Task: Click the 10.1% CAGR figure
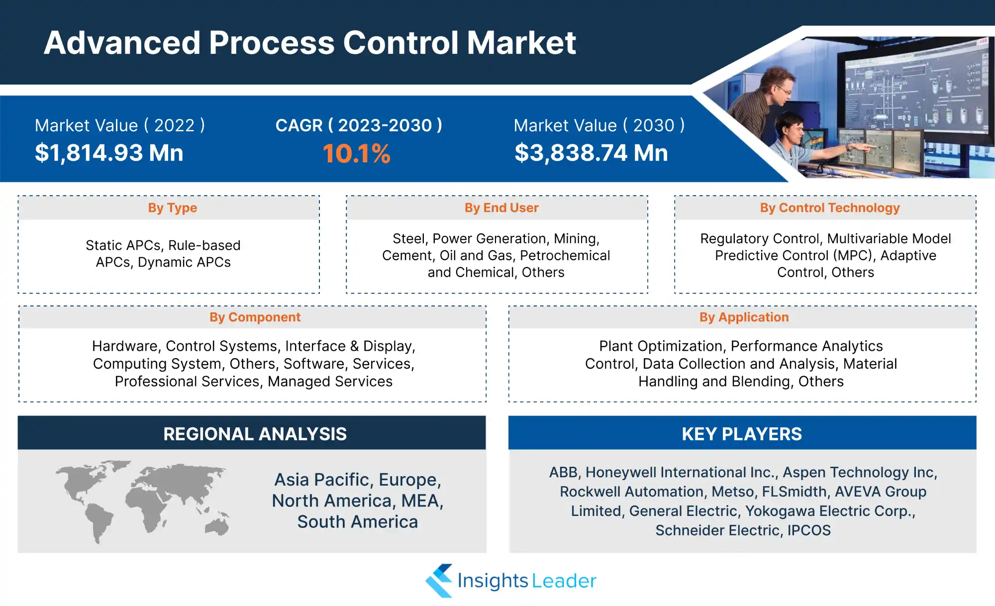click(356, 153)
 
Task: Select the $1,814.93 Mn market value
click(109, 153)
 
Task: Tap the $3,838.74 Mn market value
click(591, 153)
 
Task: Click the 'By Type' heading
click(173, 207)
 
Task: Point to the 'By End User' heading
click(501, 207)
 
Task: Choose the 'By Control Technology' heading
click(830, 207)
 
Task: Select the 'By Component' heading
click(255, 317)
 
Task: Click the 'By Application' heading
click(744, 317)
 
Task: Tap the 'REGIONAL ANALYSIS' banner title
click(255, 434)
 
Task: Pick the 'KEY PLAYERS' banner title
click(742, 434)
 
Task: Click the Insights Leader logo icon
click(439, 581)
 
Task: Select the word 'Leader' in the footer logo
click(564, 581)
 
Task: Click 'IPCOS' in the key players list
click(809, 530)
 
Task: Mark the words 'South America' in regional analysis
click(358, 522)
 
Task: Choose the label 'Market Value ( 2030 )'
click(599, 125)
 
